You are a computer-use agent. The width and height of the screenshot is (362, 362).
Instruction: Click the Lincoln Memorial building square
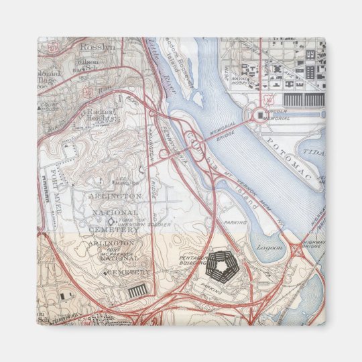point(258,115)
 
